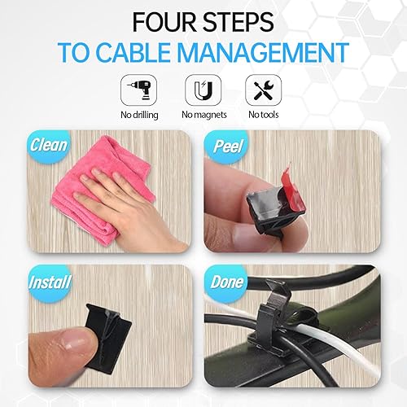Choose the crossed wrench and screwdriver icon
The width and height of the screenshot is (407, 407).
(260, 88)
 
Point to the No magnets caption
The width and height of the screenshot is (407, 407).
(199, 114)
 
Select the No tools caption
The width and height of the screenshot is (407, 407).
(260, 114)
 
